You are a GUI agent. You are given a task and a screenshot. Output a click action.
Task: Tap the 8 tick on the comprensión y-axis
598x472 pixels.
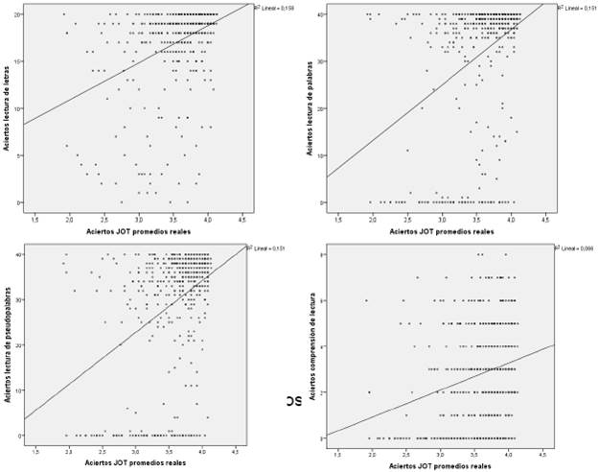coord(322,254)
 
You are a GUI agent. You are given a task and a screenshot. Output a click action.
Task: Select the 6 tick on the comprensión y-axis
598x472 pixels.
coord(322,300)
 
